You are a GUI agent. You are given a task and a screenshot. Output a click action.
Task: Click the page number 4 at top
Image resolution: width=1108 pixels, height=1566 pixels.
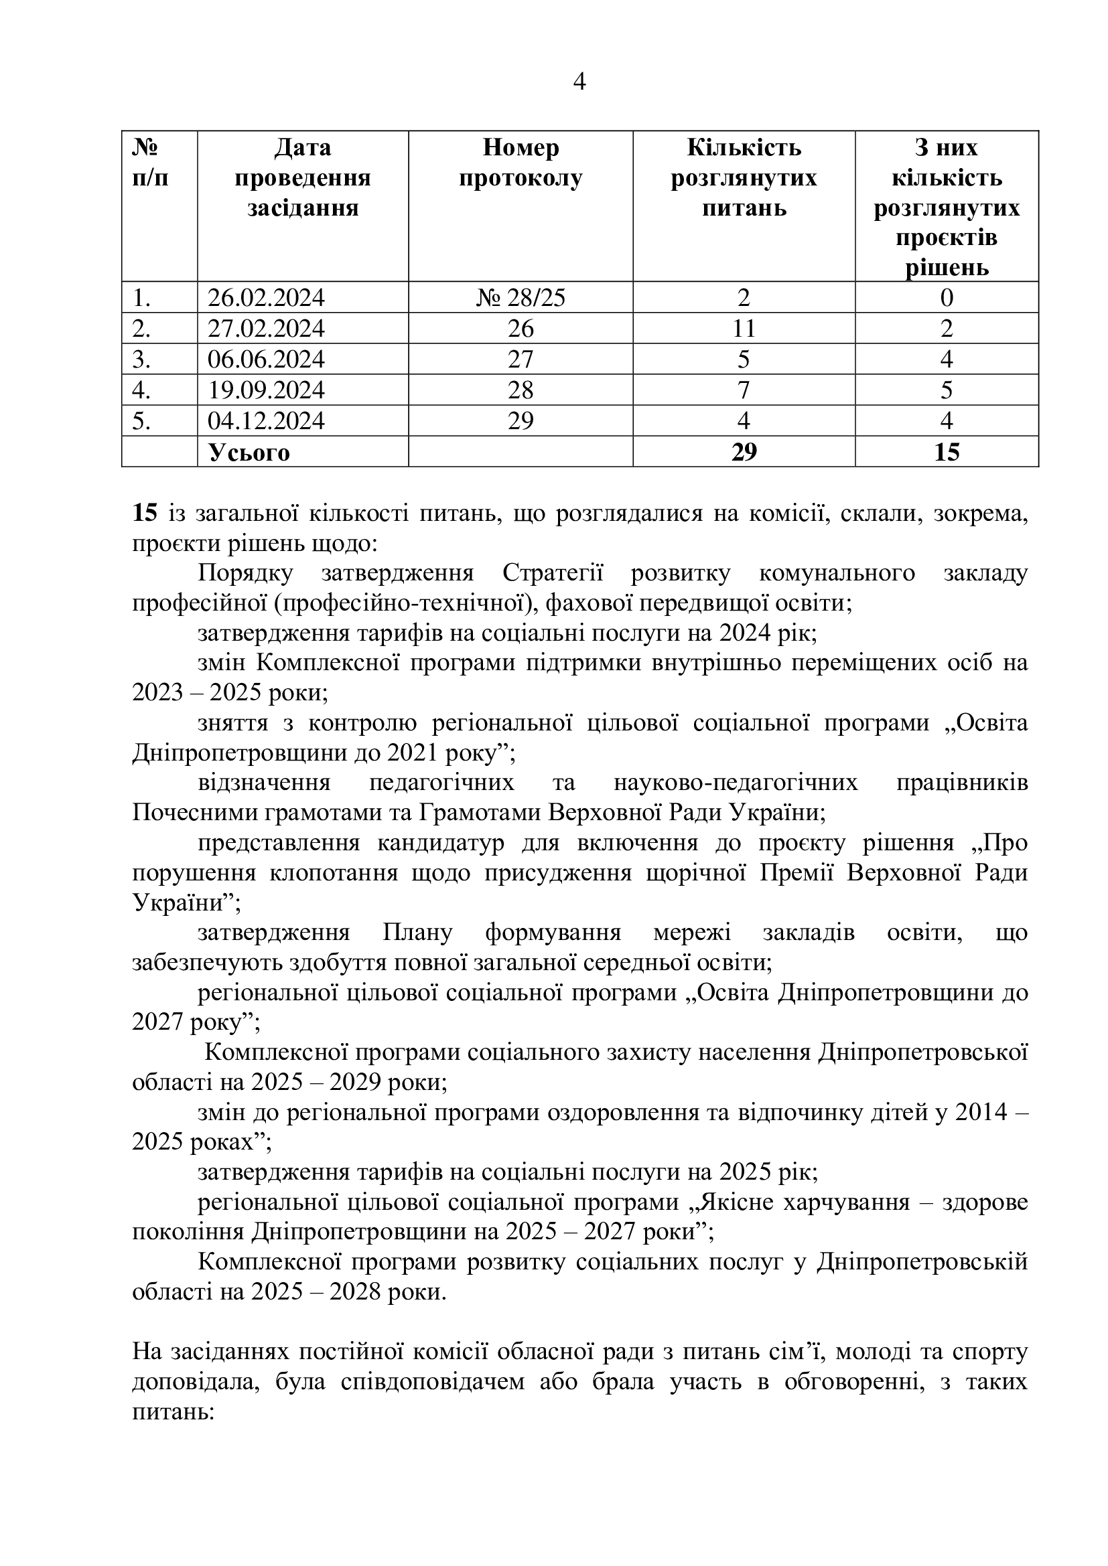pyautogui.click(x=579, y=82)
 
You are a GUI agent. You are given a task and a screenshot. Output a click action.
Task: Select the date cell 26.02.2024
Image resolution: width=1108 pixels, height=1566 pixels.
pyautogui.click(x=266, y=298)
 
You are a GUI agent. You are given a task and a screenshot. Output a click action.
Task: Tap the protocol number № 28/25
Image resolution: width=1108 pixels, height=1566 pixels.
pyautogui.click(x=521, y=298)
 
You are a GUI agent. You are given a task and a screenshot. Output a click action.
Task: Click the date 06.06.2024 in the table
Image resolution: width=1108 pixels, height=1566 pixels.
pyautogui.click(x=266, y=360)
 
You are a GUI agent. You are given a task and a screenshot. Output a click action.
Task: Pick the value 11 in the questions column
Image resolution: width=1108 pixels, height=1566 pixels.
pyautogui.click(x=744, y=329)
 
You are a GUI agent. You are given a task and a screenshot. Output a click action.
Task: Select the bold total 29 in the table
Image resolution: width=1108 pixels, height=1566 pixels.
pyautogui.click(x=744, y=452)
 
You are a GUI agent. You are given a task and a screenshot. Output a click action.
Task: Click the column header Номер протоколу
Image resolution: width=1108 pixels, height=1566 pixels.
pyautogui.click(x=521, y=163)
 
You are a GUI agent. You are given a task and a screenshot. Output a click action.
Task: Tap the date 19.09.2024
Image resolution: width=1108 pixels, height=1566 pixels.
pyautogui.click(x=266, y=390)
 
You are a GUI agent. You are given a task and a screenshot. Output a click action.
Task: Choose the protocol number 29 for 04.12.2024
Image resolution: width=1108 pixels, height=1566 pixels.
pyautogui.click(x=521, y=421)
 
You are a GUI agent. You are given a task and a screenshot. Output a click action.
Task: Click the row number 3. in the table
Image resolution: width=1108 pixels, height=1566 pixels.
pyautogui.click(x=141, y=360)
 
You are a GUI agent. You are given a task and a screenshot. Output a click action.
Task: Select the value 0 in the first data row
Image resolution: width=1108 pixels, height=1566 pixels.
pyautogui.click(x=947, y=298)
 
